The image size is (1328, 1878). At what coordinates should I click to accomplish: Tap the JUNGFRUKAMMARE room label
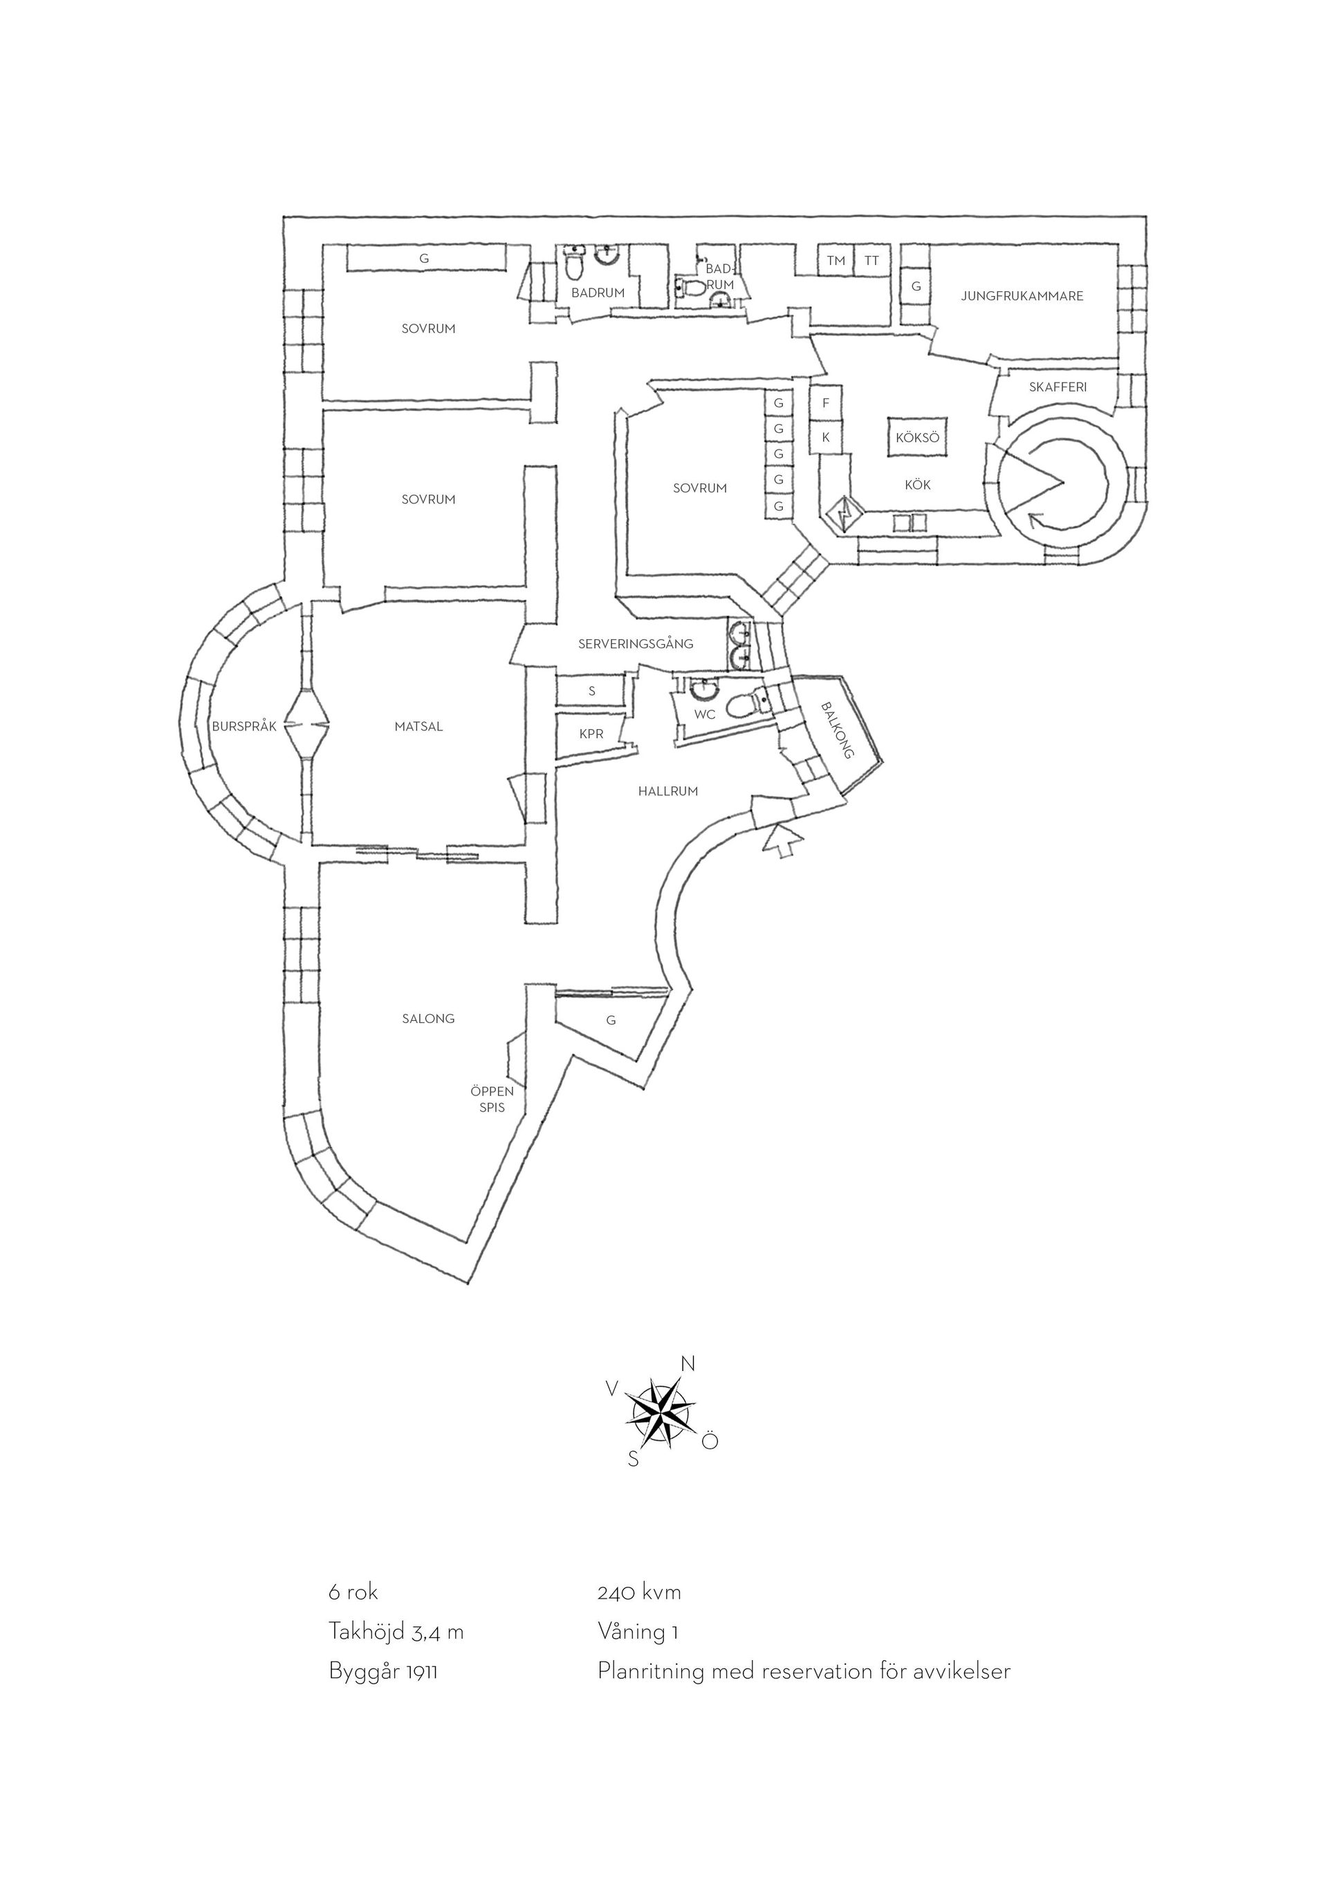point(1022,296)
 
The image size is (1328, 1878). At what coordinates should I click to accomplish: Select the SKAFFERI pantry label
point(1058,387)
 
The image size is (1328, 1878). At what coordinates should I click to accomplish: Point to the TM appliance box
point(836,261)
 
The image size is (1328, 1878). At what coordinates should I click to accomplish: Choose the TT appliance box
point(871,261)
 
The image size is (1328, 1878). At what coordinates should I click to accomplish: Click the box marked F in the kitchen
point(826,403)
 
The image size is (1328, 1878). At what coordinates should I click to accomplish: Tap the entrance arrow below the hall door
point(782,841)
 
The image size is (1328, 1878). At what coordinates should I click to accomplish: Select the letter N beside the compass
point(688,1363)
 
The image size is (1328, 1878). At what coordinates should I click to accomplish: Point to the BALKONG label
point(836,730)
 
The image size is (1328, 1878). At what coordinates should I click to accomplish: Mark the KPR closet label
point(591,734)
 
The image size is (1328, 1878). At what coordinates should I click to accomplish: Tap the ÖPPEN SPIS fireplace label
point(492,1099)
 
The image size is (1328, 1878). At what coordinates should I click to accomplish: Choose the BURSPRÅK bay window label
point(244,726)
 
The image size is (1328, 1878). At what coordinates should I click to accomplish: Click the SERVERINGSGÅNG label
point(636,644)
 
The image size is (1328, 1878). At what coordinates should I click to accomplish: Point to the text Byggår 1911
point(382,1670)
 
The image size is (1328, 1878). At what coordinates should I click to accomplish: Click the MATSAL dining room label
point(418,726)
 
